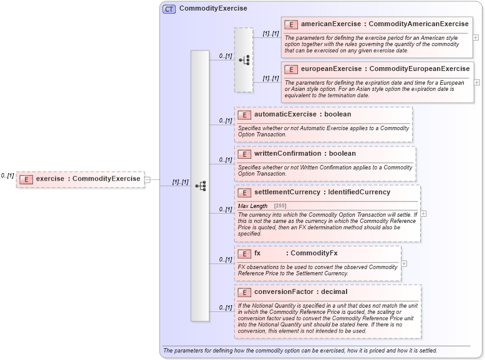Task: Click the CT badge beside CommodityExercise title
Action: coord(169,9)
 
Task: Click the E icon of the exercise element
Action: coord(26,179)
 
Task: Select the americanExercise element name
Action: coord(331,24)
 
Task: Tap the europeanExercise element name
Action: coord(331,69)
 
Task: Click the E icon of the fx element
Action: coord(244,253)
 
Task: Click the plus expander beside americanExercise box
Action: coord(476,37)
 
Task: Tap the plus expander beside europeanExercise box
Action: coord(477,82)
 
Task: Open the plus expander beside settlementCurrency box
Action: coord(423,213)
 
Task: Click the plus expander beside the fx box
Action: coord(404,263)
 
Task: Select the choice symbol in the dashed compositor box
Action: coord(244,60)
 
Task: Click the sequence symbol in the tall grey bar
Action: coord(200,186)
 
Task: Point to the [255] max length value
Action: coord(281,206)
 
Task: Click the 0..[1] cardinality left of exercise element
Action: coord(7,176)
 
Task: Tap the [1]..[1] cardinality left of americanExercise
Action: coord(271,34)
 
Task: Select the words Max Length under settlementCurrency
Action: coord(252,206)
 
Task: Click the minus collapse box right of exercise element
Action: coord(147,180)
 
